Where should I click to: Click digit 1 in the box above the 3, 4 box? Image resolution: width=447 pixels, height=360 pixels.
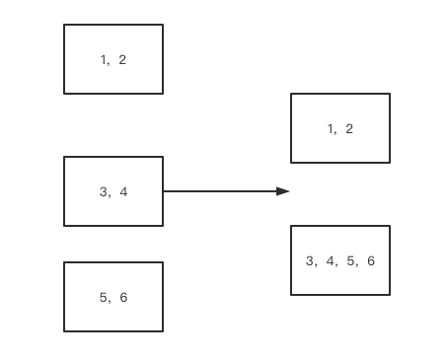click(103, 60)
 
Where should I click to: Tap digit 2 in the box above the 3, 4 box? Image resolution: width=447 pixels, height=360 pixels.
click(122, 60)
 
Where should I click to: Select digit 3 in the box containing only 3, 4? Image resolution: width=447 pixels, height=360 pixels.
click(104, 191)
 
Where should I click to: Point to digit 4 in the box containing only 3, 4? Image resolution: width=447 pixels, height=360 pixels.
click(123, 191)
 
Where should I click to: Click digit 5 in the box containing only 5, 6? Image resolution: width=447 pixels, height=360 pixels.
click(104, 297)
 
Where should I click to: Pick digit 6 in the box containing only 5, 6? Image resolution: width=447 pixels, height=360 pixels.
click(123, 297)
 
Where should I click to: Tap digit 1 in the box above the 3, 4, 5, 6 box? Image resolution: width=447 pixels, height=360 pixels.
click(331, 129)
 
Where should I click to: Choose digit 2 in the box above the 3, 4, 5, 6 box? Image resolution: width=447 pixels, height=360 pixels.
click(349, 129)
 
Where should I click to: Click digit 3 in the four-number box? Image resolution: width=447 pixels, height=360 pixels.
click(310, 260)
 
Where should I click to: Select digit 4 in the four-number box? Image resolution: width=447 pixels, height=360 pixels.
click(331, 260)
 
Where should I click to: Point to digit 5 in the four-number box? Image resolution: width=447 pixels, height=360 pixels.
click(350, 260)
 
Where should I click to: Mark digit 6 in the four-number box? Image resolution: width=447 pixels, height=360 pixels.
click(371, 260)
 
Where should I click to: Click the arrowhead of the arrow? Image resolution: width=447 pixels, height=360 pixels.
click(283, 191)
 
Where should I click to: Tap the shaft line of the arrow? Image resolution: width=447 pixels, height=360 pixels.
click(220, 191)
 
